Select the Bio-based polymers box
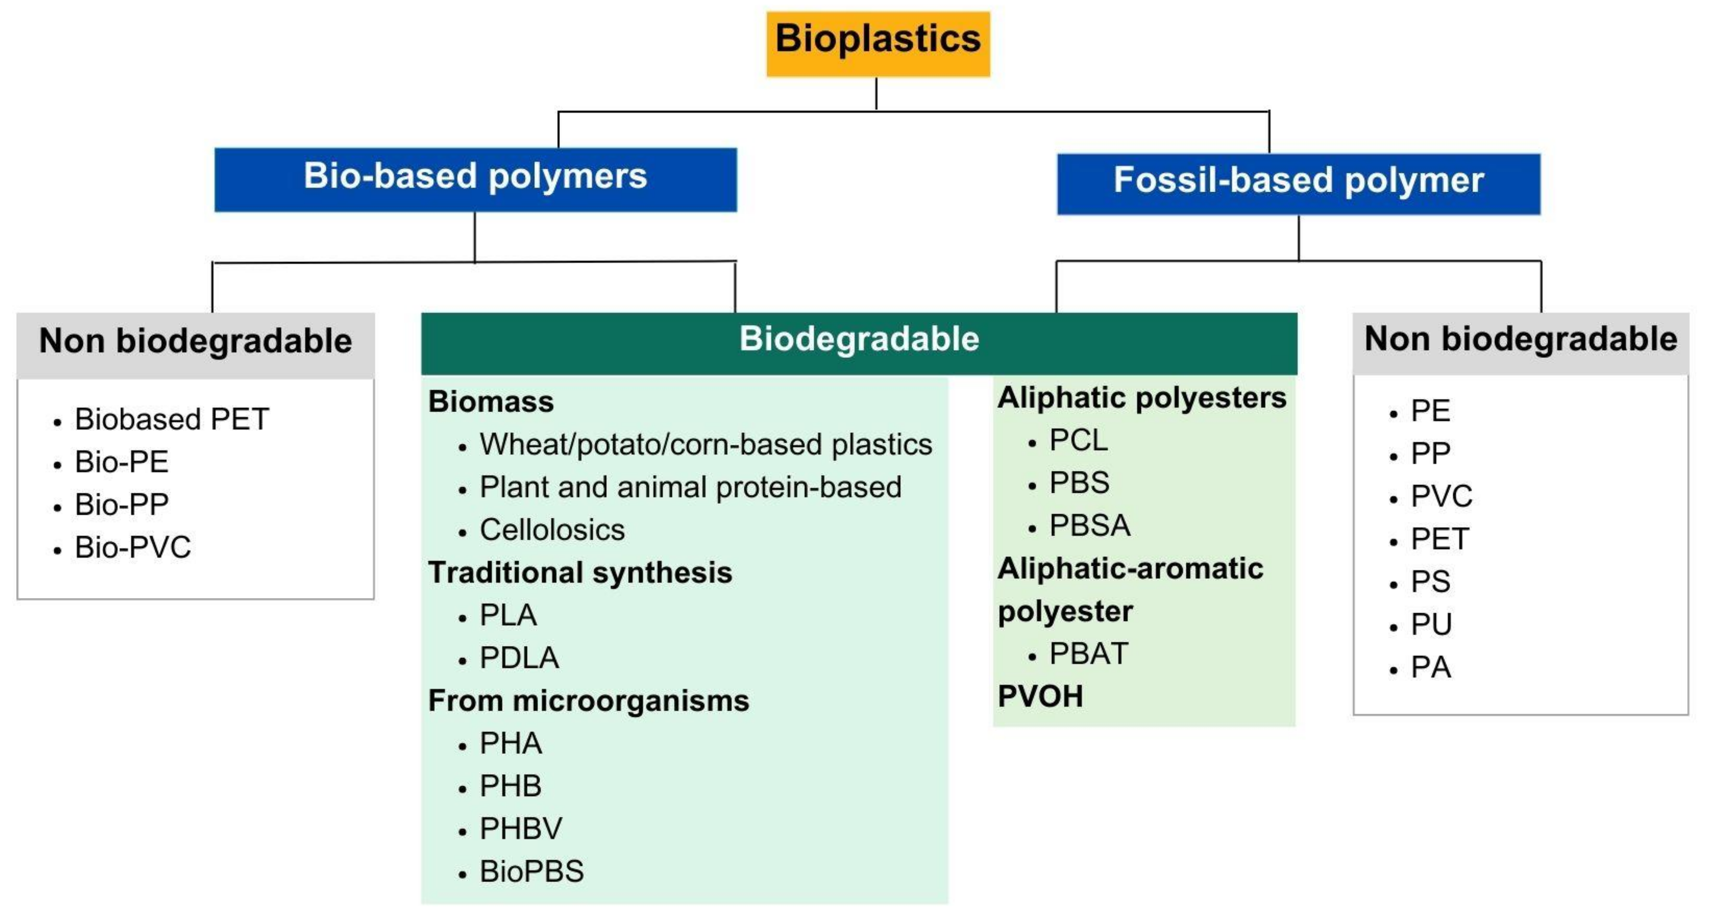click(475, 179)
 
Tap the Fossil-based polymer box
click(1298, 183)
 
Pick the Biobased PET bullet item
click(171, 419)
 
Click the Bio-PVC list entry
click(133, 547)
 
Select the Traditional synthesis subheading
click(580, 572)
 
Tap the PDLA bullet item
click(519, 658)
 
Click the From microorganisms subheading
click(588, 701)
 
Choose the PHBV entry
click(521, 829)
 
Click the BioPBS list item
click(532, 872)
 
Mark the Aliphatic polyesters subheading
click(1141, 398)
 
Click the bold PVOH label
click(1039, 697)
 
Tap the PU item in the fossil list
click(1431, 624)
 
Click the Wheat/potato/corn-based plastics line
click(705, 444)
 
